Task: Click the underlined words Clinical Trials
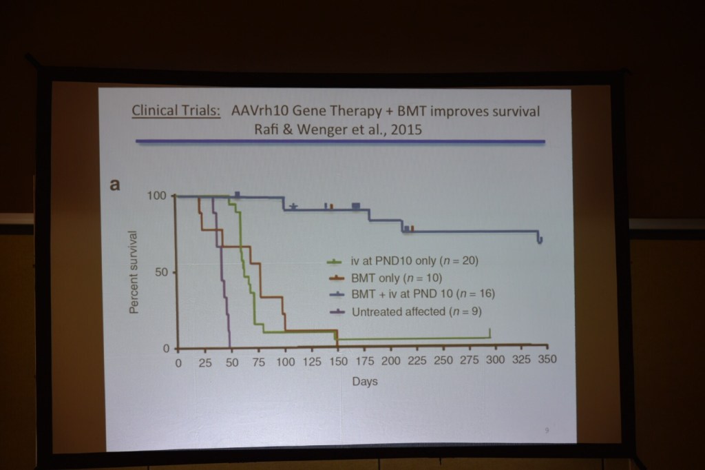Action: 176,112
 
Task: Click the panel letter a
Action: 115,185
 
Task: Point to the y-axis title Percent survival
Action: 135,272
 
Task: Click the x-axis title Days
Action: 365,380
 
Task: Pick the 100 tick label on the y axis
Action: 157,196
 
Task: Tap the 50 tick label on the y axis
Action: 161,272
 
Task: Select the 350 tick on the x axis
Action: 547,360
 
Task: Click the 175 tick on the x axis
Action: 364,361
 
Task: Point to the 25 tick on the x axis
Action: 205,362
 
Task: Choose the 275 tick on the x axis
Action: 470,360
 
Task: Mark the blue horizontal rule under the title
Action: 340,141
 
